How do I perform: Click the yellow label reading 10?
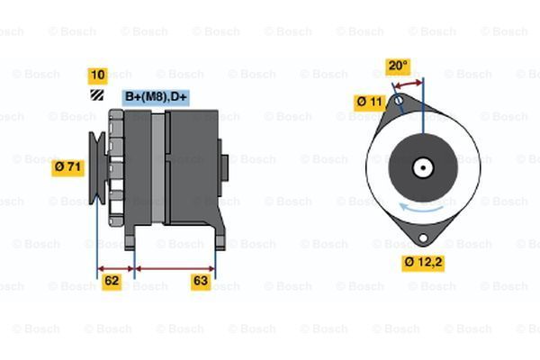coord(97,75)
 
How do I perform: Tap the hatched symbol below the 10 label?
coord(96,94)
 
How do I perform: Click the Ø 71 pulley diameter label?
coord(68,166)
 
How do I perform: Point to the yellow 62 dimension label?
coord(112,281)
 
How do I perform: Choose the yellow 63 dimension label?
coord(202,281)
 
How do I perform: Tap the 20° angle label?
coord(397,66)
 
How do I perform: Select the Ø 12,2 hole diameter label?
coord(422,263)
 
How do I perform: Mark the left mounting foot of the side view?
coord(130,237)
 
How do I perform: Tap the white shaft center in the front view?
coord(422,166)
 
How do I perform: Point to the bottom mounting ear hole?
coord(422,238)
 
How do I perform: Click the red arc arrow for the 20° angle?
coord(408,84)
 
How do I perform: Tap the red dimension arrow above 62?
coord(114,267)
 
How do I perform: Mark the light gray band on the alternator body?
coord(158,166)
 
